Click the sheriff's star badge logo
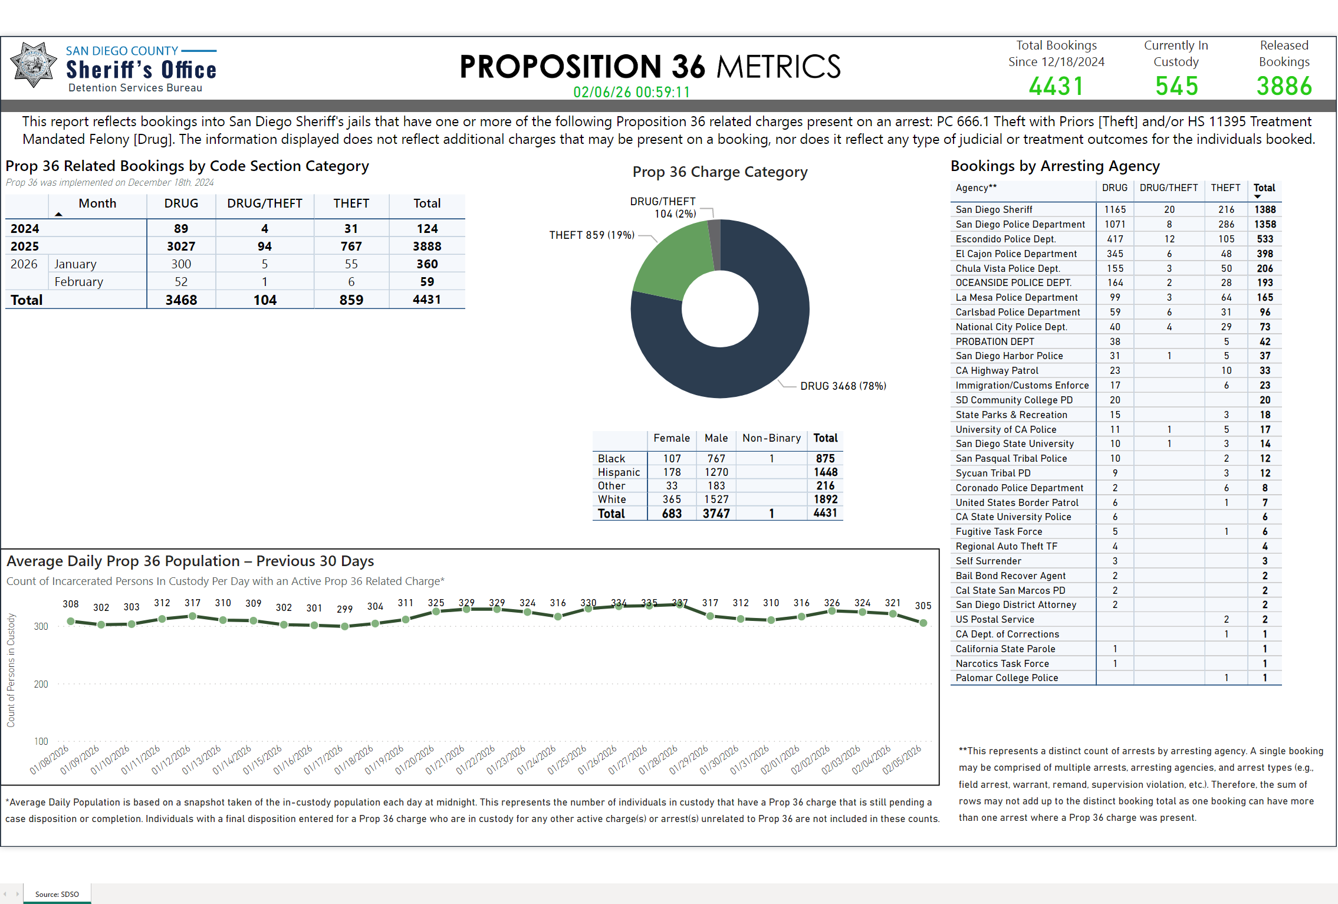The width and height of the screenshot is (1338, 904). [34, 65]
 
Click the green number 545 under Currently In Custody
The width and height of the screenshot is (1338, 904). [1176, 86]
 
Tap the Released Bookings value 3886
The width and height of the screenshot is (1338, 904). [1284, 86]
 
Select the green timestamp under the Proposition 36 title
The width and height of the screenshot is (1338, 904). [631, 92]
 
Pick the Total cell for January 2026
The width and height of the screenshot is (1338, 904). [427, 264]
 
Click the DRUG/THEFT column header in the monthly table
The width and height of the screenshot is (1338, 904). [264, 203]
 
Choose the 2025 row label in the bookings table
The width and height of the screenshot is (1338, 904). [25, 246]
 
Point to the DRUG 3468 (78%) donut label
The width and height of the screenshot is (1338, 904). [843, 386]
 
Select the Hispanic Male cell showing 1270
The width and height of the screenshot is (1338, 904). [716, 472]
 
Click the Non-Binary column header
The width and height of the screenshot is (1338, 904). [771, 438]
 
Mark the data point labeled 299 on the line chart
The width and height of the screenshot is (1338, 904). [345, 626]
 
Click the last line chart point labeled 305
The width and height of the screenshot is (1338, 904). [923, 623]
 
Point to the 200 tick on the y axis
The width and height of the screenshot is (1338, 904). [41, 684]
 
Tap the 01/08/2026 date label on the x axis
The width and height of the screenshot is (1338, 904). [50, 760]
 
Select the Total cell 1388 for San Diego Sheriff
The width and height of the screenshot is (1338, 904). [1264, 209]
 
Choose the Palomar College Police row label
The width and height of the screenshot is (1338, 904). [1007, 678]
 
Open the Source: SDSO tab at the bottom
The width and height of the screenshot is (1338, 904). [57, 894]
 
